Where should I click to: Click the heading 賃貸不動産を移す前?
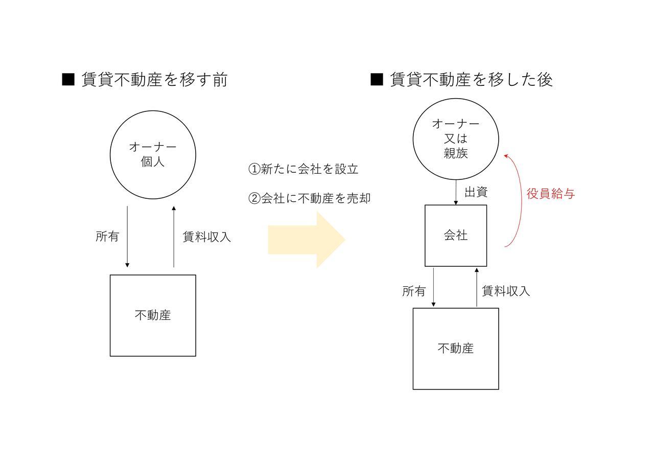pyautogui.click(x=154, y=79)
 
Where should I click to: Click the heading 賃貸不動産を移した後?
pyautogui.click(x=471, y=79)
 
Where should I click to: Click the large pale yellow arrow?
pyautogui.click(x=307, y=240)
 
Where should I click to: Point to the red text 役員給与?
pyautogui.click(x=551, y=193)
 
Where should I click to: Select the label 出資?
pyautogui.click(x=476, y=192)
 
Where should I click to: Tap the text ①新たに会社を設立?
pyautogui.click(x=303, y=169)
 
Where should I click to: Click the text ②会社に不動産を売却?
pyautogui.click(x=309, y=198)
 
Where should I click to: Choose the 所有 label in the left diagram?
pyautogui.click(x=107, y=236)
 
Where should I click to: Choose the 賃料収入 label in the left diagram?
pyautogui.click(x=207, y=237)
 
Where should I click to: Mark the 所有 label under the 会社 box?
pyautogui.click(x=414, y=291)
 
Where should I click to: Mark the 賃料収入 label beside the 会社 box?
pyautogui.click(x=506, y=291)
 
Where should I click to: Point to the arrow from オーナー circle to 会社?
pyautogui.click(x=456, y=192)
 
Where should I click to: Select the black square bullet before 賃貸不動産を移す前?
pyautogui.click(x=68, y=79)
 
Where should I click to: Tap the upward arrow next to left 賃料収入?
pyautogui.click(x=174, y=237)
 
